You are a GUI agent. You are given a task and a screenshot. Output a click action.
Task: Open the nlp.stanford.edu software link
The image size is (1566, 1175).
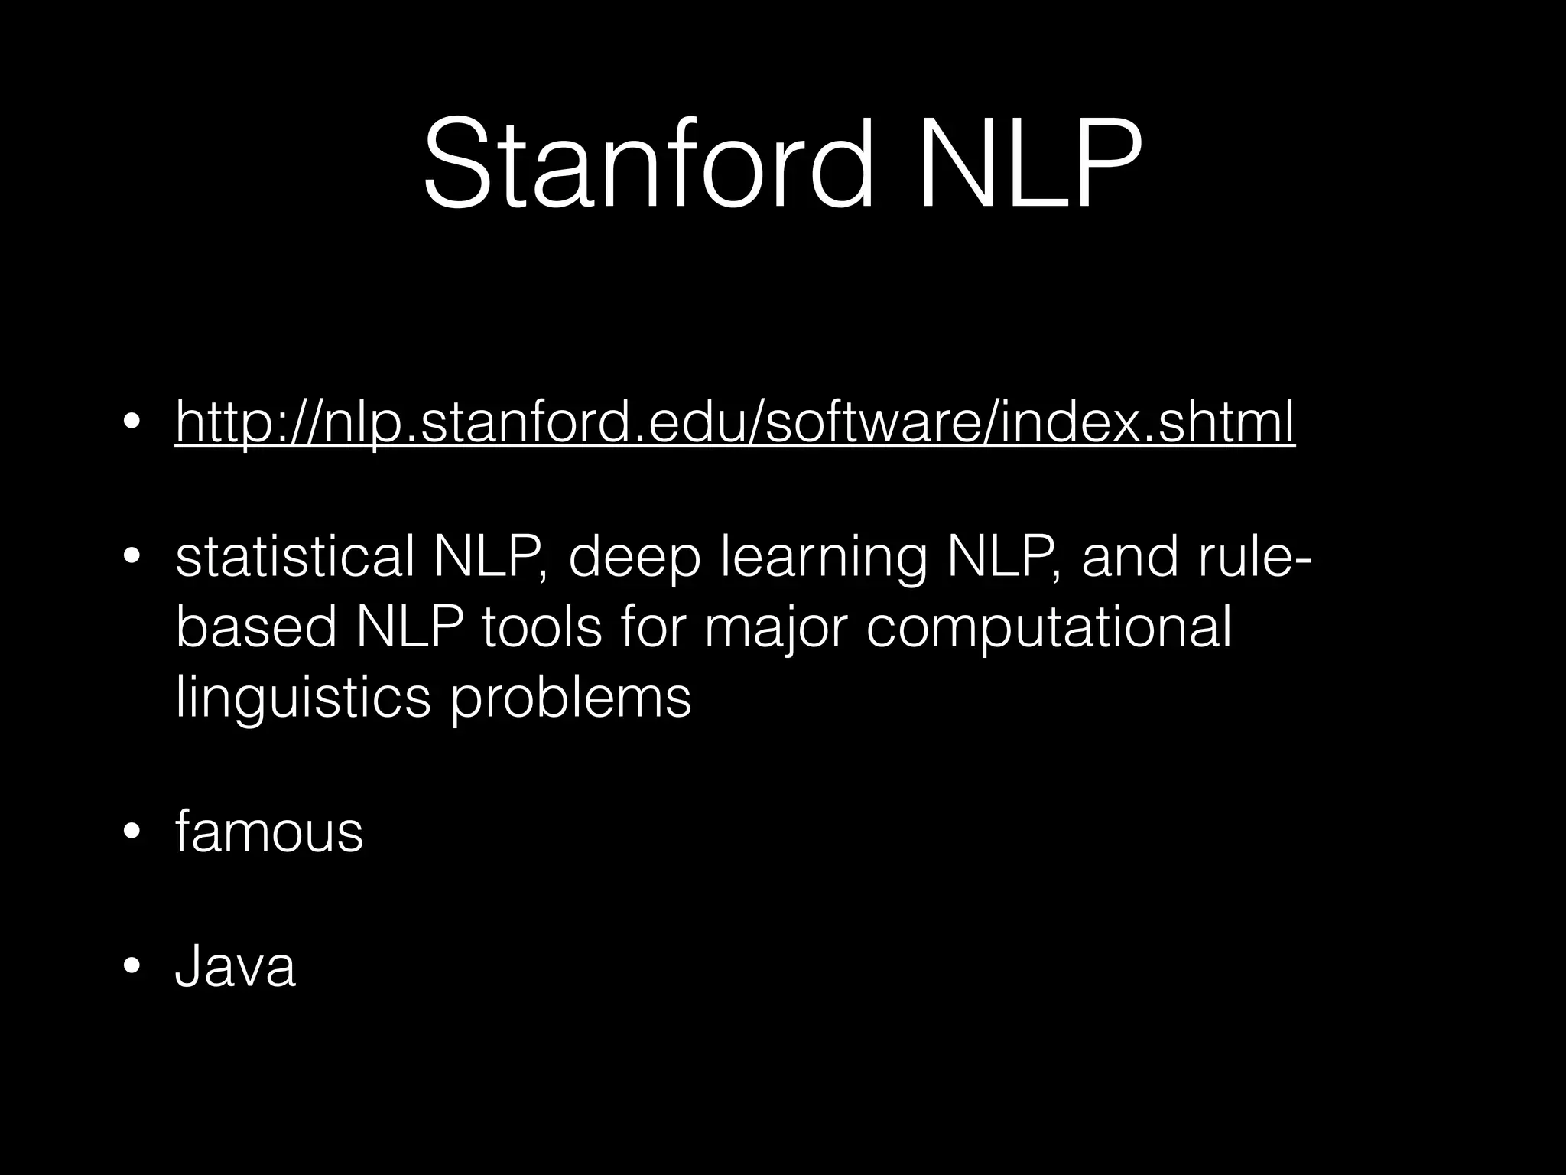pyautogui.click(x=735, y=422)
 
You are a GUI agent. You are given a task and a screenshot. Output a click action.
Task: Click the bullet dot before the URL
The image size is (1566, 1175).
pyautogui.click(x=132, y=423)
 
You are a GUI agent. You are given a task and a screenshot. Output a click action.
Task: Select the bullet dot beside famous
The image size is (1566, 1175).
pyautogui.click(x=132, y=833)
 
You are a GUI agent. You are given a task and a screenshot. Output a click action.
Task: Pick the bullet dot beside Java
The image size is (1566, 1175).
pyautogui.click(x=132, y=968)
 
